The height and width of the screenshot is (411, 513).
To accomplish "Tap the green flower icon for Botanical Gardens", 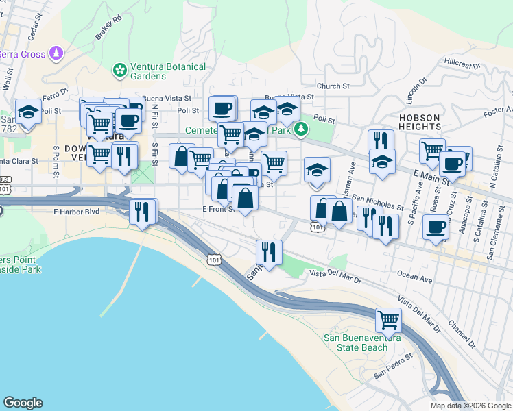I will coord(120,70).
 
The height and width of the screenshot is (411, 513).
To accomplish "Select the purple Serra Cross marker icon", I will coord(56,53).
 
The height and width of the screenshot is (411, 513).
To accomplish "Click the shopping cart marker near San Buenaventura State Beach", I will coord(388,320).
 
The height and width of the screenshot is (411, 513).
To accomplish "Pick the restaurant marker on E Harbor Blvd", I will coord(143,211).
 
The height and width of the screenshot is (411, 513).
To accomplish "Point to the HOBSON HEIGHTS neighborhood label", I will coord(419,122).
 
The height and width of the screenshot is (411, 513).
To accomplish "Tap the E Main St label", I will coord(431,176).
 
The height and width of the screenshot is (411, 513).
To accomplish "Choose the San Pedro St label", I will coord(393,366).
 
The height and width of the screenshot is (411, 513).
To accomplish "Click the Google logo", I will coord(23,403).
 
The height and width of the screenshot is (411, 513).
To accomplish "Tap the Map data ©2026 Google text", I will coord(470,406).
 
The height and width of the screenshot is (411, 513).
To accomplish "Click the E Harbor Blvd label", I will coord(77,212).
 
